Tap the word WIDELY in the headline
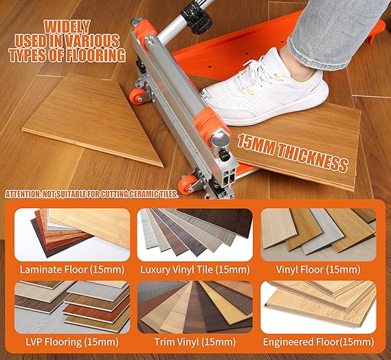coord(67,27)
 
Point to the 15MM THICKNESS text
coord(292,153)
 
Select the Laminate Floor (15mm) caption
coord(72,269)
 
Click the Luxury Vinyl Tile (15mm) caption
coord(194,269)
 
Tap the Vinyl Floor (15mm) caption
coord(318,269)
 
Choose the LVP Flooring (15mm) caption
coord(72,342)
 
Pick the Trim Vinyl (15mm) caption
coord(194,342)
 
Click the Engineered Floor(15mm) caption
coord(318,342)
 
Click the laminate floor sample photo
coord(72,234)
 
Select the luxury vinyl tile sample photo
coord(194,234)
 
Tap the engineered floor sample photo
coord(318,307)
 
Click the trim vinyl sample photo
coord(194,307)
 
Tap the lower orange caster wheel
coord(186,185)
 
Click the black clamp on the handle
coord(196,18)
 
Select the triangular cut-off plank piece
coord(93,119)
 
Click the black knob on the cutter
coord(224,156)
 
